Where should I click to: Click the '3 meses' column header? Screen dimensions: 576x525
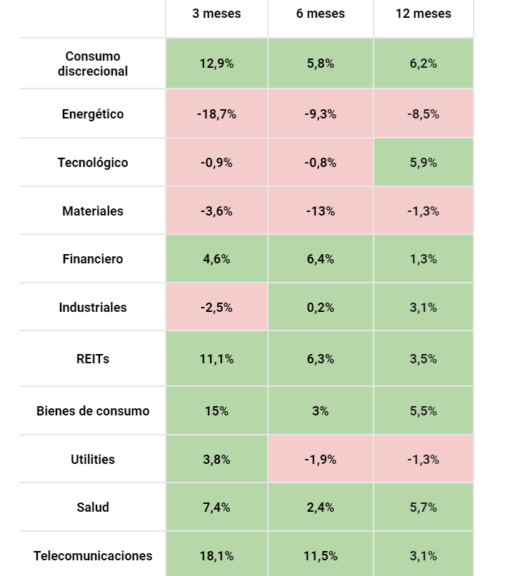point(216,14)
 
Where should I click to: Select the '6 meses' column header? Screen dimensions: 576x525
point(320,14)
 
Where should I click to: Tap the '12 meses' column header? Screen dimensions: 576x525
point(423,14)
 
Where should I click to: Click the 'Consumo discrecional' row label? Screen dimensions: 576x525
point(93,64)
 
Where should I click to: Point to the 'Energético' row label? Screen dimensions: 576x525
point(93,114)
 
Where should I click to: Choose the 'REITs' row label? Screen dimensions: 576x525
point(93,359)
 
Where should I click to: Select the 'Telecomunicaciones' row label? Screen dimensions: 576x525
point(93,556)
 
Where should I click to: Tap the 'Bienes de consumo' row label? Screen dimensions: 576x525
point(93,411)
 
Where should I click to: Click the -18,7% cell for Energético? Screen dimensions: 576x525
point(216,114)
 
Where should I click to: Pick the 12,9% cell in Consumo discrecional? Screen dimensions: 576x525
point(216,64)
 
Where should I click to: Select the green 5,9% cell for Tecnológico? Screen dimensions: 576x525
point(423,163)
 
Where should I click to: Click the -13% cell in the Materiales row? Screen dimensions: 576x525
point(320,211)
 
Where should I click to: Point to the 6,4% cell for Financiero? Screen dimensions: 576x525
point(320,259)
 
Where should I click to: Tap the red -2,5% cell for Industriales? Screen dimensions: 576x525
point(216,308)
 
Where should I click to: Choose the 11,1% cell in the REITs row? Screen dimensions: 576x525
point(216,359)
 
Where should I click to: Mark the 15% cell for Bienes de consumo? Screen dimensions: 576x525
point(216,411)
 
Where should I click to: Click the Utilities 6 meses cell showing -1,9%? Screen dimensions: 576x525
point(320,460)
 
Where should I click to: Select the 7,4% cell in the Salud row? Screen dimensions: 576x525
point(216,507)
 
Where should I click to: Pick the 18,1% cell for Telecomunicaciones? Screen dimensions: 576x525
point(216,556)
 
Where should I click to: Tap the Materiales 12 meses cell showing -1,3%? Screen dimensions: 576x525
point(423,211)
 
